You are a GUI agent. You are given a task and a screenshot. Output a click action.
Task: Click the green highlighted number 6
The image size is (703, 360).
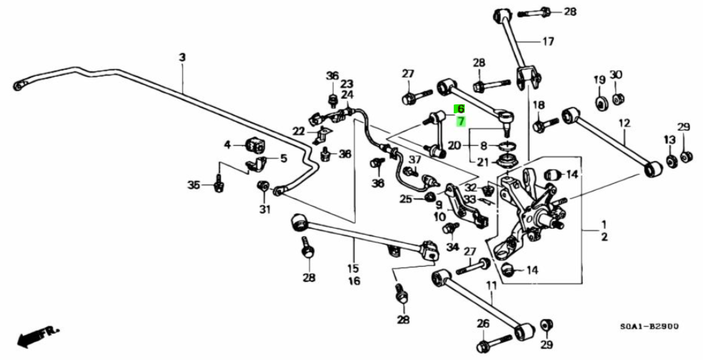[x=460, y=109]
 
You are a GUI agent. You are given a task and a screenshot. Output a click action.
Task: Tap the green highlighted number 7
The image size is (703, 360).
[x=460, y=121]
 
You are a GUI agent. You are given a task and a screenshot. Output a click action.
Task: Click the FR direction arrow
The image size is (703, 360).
[x=39, y=337]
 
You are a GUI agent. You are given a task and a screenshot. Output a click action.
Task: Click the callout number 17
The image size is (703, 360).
[x=548, y=41]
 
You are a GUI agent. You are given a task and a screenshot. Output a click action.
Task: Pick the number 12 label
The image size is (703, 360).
[x=624, y=124]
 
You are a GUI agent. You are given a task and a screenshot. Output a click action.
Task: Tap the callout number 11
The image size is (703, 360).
[x=491, y=285]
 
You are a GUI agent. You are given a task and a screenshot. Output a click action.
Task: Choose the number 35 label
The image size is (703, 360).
[x=194, y=184]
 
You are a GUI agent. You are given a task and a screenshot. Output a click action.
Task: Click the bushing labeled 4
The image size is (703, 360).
[x=255, y=146]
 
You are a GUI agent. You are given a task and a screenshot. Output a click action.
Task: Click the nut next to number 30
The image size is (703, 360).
[x=618, y=97]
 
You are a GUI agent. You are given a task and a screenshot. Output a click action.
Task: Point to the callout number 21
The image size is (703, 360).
[x=483, y=162]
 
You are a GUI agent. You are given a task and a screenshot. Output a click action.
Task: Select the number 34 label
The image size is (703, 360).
[x=452, y=247]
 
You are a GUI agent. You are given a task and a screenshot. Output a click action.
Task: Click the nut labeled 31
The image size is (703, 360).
[x=263, y=187]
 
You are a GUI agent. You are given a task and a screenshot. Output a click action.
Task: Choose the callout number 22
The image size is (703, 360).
[x=298, y=131]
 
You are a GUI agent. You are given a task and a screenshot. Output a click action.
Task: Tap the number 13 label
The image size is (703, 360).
[x=670, y=140]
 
